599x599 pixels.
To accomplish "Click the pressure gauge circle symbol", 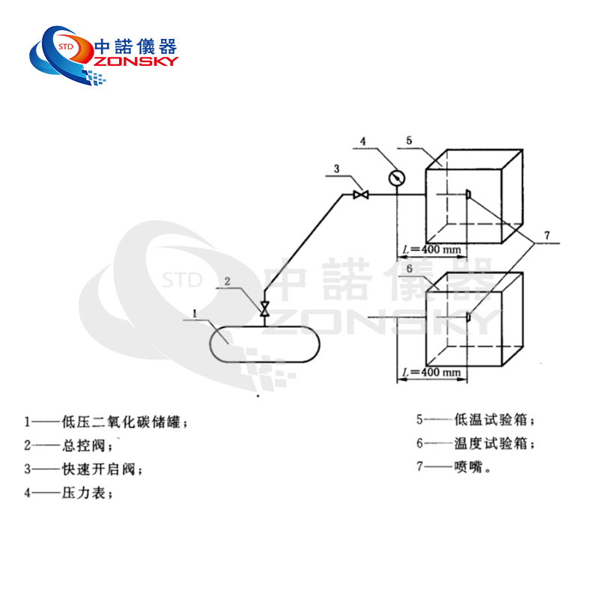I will [396, 177].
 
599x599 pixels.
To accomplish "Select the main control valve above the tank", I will [264, 309].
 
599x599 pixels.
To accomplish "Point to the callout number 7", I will [547, 236].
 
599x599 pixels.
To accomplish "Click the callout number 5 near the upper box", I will [409, 140].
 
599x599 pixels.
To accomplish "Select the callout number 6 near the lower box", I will [410, 268].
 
